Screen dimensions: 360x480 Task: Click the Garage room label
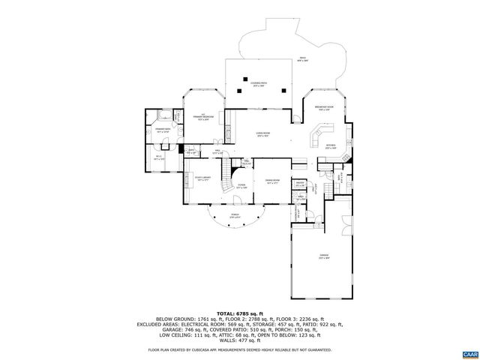(324, 256)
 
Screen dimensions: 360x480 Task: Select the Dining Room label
(271, 181)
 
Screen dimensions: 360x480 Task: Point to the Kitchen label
(331, 146)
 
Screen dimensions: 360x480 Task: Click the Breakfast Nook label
(324, 108)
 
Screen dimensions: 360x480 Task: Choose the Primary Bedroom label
(203, 118)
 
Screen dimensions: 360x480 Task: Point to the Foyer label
(242, 185)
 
